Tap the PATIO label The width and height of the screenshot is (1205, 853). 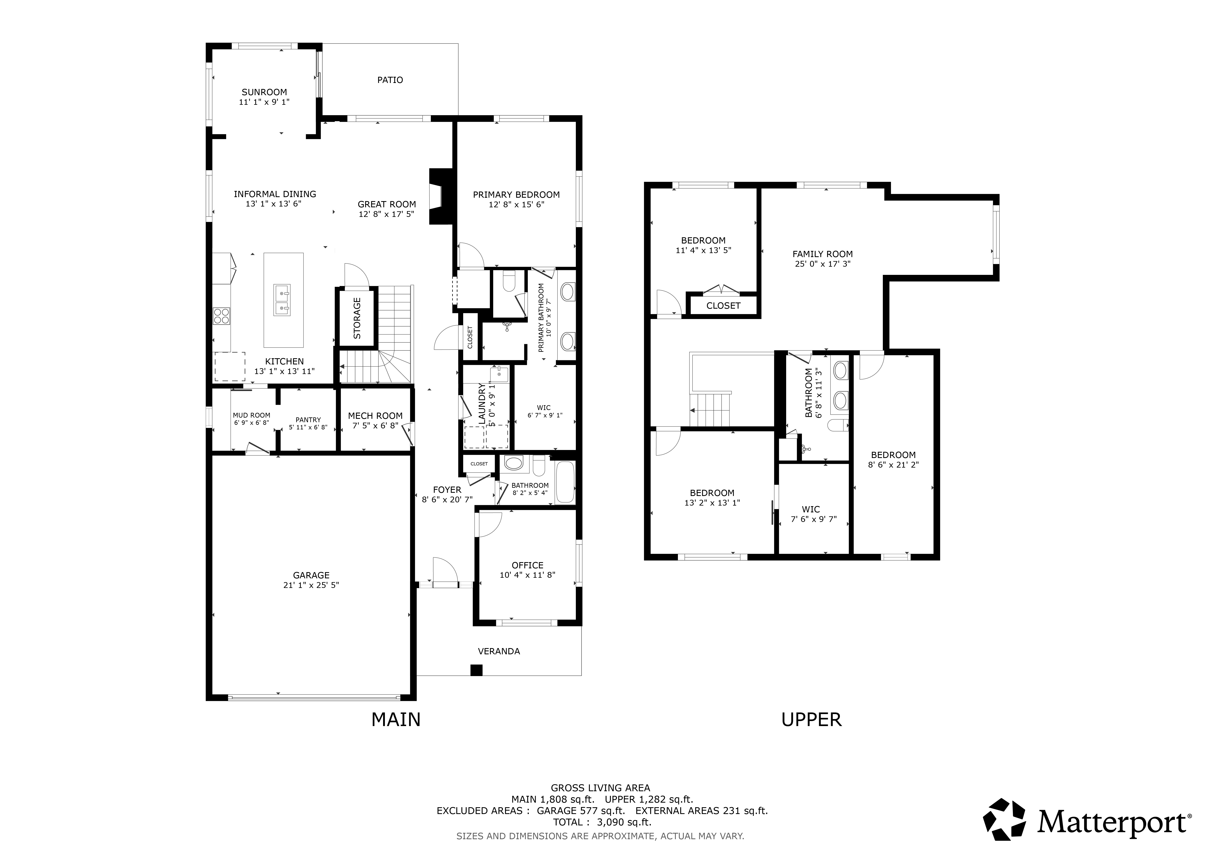pos(390,80)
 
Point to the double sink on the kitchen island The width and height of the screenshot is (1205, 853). pos(282,300)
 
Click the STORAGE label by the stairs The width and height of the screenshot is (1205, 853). pos(357,318)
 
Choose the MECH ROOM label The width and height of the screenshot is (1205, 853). pos(375,415)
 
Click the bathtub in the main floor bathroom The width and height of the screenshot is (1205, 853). pos(565,482)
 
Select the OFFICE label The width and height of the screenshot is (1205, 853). pos(527,565)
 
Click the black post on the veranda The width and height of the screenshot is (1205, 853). pos(476,670)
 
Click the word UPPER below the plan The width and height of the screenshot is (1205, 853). pos(811,720)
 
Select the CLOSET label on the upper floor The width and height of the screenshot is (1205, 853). pos(723,306)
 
